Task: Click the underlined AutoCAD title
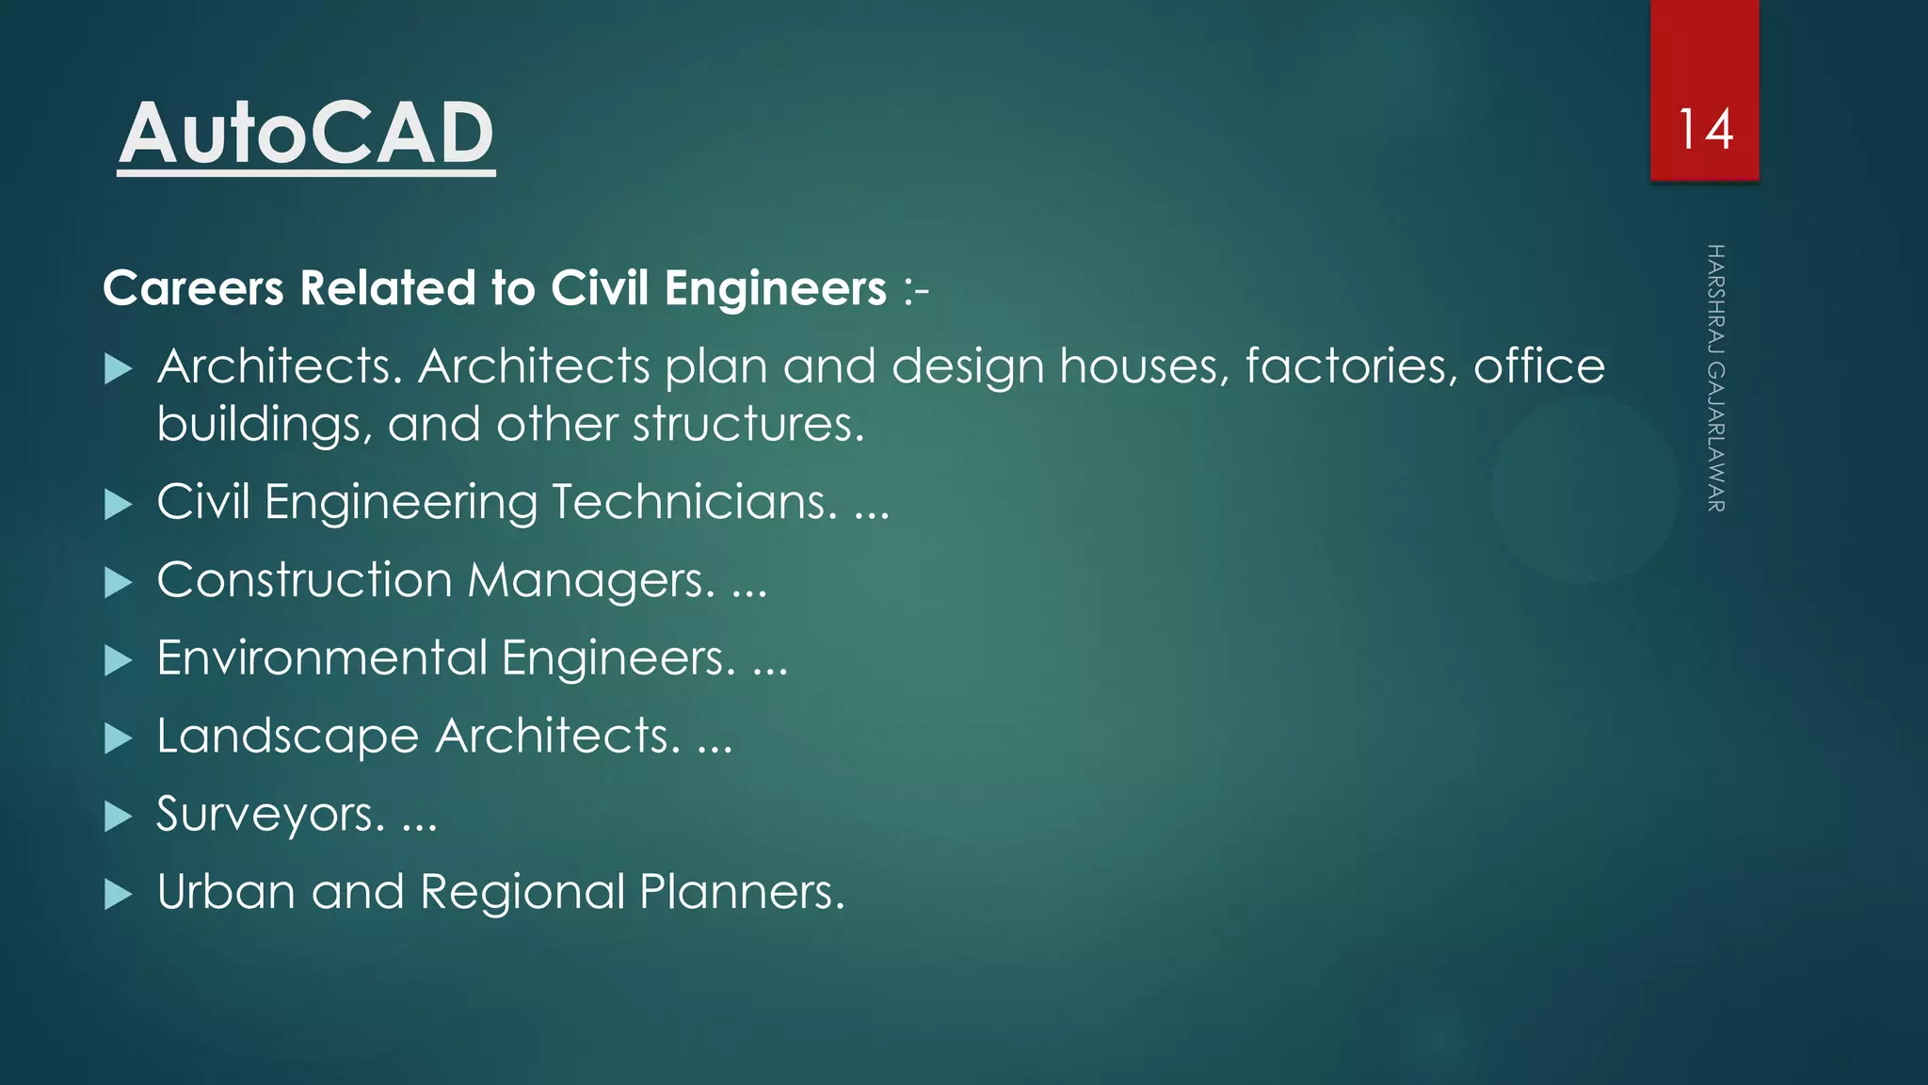[306, 134]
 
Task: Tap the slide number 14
[1705, 130]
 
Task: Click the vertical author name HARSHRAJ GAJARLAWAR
[1715, 378]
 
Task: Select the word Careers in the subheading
[193, 287]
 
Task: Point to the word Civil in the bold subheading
[600, 287]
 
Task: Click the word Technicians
[695, 501]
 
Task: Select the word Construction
[304, 579]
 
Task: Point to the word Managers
[591, 580]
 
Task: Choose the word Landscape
[287, 736]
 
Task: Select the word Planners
[742, 891]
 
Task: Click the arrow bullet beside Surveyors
[118, 816]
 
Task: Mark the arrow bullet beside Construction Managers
[118, 582]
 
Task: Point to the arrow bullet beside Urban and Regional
[118, 894]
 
